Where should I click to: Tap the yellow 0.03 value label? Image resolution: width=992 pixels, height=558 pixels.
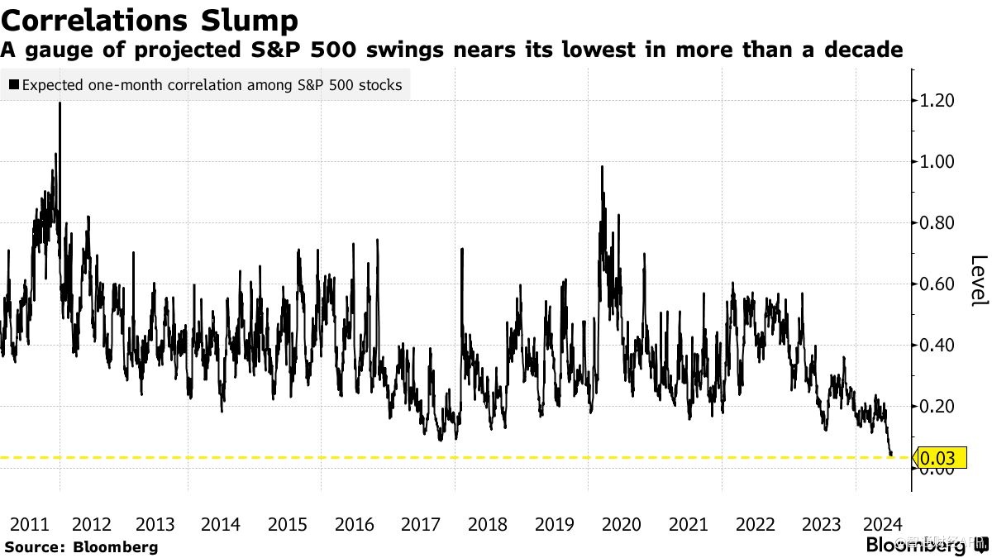pos(937,457)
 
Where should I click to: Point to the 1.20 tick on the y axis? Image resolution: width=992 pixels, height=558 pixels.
pos(937,101)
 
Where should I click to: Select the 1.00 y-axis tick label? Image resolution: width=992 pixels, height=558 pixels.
pos(937,162)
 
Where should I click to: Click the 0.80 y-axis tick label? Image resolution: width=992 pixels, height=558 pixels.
pos(937,223)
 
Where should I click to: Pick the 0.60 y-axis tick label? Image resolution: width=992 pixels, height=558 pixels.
pos(937,284)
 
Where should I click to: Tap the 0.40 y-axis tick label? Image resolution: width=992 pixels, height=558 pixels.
pos(937,346)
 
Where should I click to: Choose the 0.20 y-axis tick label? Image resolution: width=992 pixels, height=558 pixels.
pos(937,407)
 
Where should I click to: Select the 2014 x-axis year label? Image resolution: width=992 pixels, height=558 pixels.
pos(221,524)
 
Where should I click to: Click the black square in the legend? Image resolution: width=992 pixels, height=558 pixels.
pos(13,85)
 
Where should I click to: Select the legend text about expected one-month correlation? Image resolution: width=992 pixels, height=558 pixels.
pos(212,85)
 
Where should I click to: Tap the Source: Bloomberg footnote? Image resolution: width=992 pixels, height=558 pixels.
pos(81,546)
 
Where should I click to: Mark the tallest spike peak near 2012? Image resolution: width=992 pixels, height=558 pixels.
pos(60,103)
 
